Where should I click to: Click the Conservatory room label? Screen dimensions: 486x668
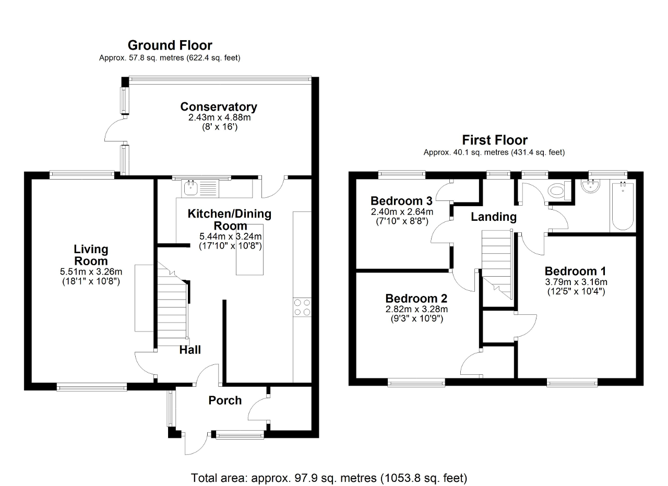pos(219,107)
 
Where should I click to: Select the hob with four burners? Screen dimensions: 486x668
pos(302,306)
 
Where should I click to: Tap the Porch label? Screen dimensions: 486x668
pos(225,400)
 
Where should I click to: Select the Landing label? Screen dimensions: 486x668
pos(494,217)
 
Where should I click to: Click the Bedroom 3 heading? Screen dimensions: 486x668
pos(402,201)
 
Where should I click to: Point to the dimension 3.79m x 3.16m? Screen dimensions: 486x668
pos(576,282)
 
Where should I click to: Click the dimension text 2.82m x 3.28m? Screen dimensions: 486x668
pos(416,309)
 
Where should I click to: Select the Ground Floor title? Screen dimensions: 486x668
pos(170,45)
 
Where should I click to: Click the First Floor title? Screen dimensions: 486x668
pos(494,140)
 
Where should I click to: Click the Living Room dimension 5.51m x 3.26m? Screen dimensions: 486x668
pos(91,272)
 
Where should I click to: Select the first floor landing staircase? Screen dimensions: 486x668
pos(496,261)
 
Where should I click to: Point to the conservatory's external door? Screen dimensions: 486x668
pos(115,131)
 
